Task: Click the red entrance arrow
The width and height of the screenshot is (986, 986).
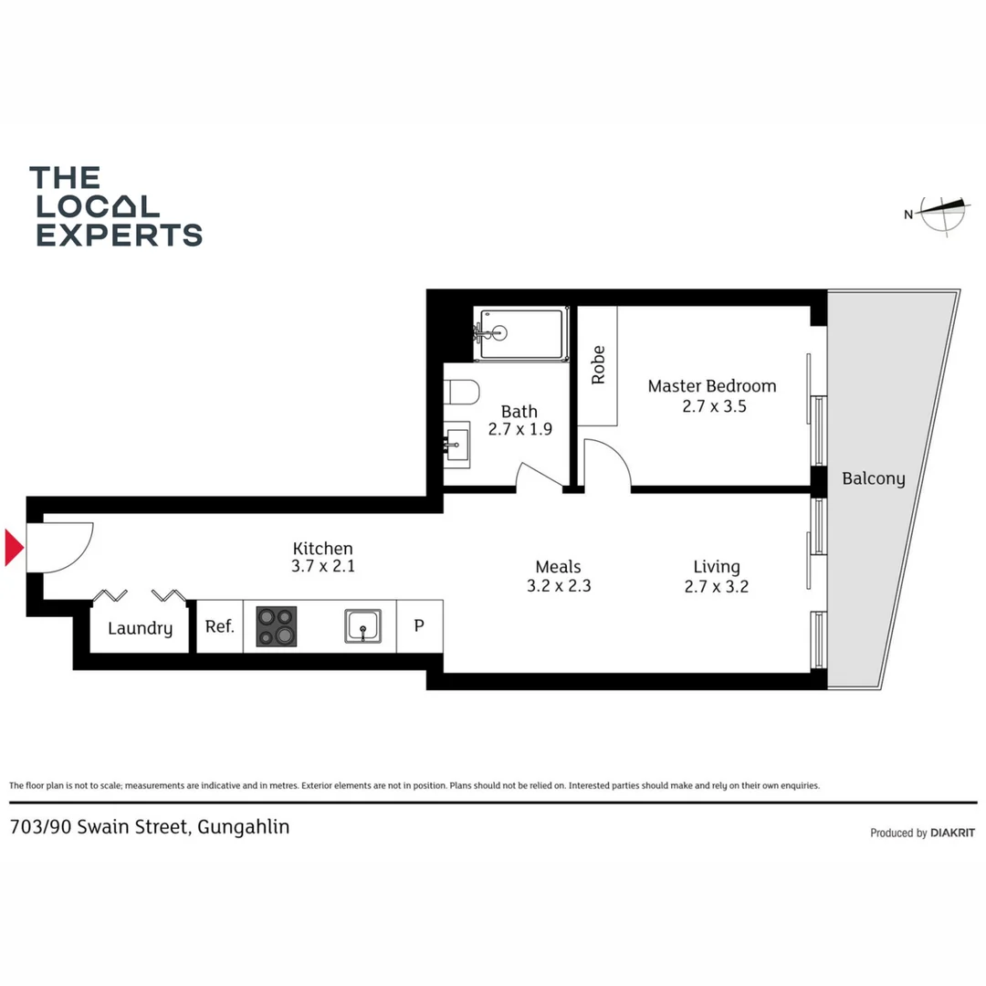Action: pyautogui.click(x=14, y=548)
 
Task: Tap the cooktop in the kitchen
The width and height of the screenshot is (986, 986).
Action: pyautogui.click(x=276, y=626)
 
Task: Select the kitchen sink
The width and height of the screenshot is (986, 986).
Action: pyautogui.click(x=362, y=626)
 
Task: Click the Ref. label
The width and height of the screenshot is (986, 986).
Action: pyautogui.click(x=219, y=627)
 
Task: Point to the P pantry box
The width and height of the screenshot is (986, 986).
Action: pyautogui.click(x=420, y=627)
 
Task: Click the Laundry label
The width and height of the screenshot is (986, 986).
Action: pyautogui.click(x=140, y=628)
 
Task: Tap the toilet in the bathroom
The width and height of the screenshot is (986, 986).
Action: pyautogui.click(x=462, y=393)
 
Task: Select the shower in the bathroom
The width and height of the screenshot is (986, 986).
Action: pyautogui.click(x=520, y=335)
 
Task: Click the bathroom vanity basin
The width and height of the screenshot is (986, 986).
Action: pyautogui.click(x=456, y=445)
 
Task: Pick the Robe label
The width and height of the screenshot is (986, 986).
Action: pyautogui.click(x=598, y=365)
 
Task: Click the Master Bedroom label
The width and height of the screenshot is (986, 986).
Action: pyautogui.click(x=712, y=386)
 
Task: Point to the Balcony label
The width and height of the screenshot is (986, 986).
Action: pyautogui.click(x=874, y=478)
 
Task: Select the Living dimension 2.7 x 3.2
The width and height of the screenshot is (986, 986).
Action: pyautogui.click(x=716, y=587)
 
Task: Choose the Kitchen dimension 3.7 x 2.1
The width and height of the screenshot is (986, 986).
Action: pyautogui.click(x=322, y=566)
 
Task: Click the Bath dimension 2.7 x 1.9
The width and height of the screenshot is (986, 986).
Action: pyautogui.click(x=519, y=429)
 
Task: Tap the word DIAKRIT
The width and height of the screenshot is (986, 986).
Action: pyautogui.click(x=954, y=833)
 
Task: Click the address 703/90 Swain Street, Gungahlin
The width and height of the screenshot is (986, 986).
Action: pyautogui.click(x=150, y=828)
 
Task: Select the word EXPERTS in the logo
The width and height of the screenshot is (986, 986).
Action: pyautogui.click(x=119, y=235)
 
